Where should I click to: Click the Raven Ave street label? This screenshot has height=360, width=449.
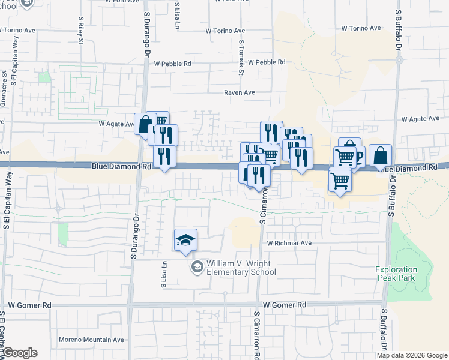pos(240,92)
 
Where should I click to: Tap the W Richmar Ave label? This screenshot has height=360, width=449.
pos(289,243)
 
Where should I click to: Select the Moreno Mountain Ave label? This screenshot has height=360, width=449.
pos(91,340)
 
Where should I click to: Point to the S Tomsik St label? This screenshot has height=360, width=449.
pos(242,57)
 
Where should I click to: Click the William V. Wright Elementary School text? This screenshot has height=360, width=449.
pos(241,268)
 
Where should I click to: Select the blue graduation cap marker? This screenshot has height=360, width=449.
pos(186,240)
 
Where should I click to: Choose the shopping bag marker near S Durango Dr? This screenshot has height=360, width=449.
pos(145,125)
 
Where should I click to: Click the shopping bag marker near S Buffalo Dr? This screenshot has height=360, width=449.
pos(380,155)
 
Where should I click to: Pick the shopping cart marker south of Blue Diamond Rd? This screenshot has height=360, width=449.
pos(340,179)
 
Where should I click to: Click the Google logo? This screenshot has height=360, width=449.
pos(19,353)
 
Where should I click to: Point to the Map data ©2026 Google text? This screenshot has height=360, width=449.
pos(412,355)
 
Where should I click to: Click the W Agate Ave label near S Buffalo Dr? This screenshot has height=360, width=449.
pos(421,119)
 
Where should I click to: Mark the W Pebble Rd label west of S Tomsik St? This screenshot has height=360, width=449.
pos(172,63)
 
